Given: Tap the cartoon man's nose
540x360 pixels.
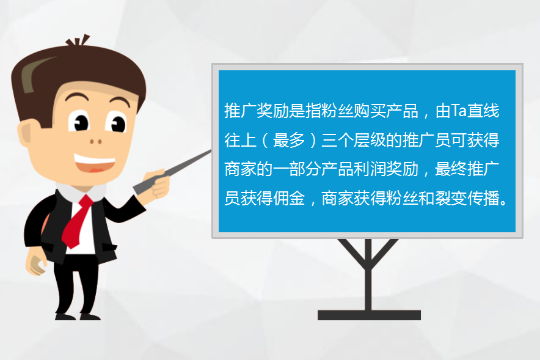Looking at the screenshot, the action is pos(96,141).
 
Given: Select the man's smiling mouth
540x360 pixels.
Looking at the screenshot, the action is pos(94,163).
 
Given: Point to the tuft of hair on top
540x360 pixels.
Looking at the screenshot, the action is pos(78,41).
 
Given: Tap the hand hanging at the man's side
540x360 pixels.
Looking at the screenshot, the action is pos(35,264).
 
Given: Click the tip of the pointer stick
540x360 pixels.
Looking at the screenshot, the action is pos(210,151).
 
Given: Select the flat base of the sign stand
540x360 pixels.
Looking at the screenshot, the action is pos(369,315).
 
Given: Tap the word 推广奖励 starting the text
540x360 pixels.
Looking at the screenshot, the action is pos(257,111).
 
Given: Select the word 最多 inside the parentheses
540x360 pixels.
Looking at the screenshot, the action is pos(289,140).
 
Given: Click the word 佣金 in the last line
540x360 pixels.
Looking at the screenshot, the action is pos(289,198).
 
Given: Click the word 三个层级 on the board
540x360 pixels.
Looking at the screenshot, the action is pos(354,140).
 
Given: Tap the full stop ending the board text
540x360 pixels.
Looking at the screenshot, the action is pos(504,202).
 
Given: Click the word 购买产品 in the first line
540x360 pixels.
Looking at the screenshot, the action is pos(386,111).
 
